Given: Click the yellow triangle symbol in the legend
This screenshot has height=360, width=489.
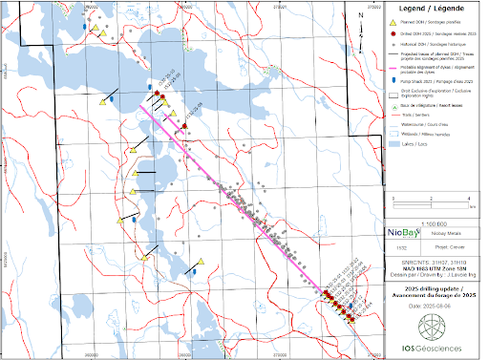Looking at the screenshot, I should [x=391, y=21].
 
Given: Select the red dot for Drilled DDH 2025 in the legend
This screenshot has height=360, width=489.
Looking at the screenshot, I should [x=391, y=34].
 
